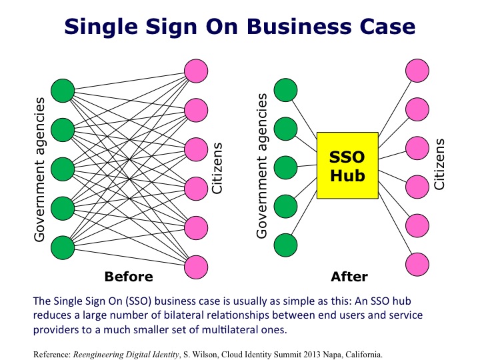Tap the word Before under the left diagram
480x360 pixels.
(129, 276)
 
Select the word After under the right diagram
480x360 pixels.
(349, 276)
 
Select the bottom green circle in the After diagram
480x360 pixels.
(286, 244)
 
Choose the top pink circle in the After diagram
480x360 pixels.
(418, 70)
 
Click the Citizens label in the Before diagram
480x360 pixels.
(217, 167)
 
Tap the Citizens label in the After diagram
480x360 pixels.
(439, 163)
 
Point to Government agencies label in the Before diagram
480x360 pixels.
(39, 169)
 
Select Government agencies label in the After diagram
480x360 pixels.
(262, 166)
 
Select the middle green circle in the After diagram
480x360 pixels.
(286, 167)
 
